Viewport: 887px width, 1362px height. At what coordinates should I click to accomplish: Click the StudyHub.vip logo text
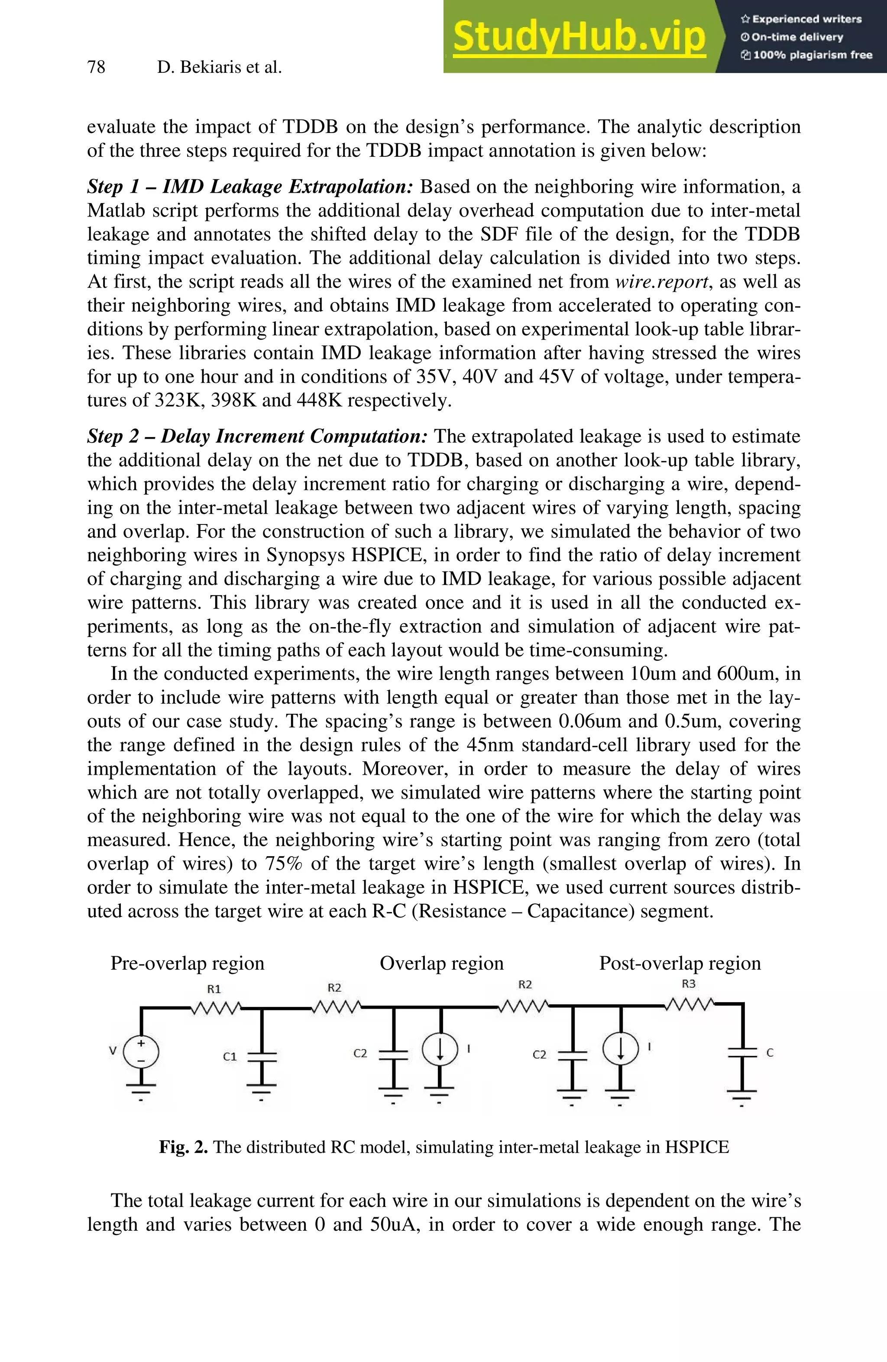[x=579, y=37]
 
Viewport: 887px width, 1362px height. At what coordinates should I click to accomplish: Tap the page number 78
[x=96, y=68]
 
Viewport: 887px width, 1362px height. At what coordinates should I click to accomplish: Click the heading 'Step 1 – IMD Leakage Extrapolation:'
[x=249, y=187]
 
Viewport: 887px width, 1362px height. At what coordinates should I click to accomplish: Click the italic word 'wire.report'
[x=661, y=281]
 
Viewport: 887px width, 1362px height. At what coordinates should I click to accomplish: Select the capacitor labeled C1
[x=262, y=1056]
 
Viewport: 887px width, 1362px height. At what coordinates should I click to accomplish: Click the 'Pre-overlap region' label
[x=187, y=963]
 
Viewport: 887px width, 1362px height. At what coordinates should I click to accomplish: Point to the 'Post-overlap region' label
[x=680, y=963]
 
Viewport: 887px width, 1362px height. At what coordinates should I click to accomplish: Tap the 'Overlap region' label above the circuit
[x=441, y=963]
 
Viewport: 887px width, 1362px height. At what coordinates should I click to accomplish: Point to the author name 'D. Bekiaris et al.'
[x=219, y=68]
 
